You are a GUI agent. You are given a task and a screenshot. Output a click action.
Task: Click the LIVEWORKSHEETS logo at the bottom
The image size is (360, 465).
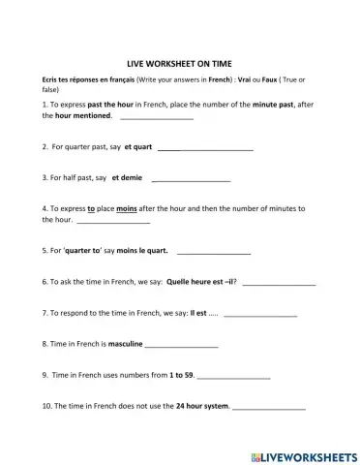tap(302, 454)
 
